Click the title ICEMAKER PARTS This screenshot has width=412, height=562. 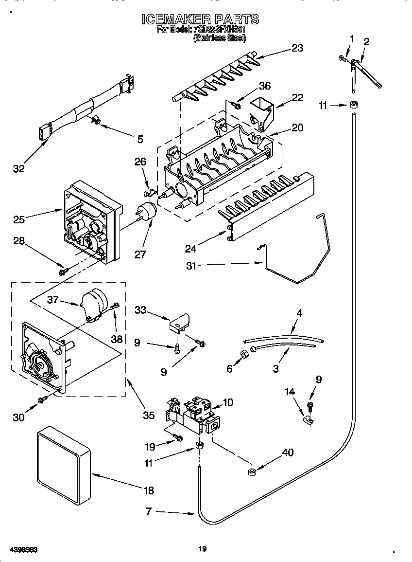tap(200, 19)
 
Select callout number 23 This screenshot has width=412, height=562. tap(297, 48)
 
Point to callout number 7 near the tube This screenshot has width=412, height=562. tap(149, 511)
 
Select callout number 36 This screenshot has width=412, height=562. tap(265, 86)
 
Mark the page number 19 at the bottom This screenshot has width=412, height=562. tap(203, 549)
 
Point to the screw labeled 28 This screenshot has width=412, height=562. tap(63, 272)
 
